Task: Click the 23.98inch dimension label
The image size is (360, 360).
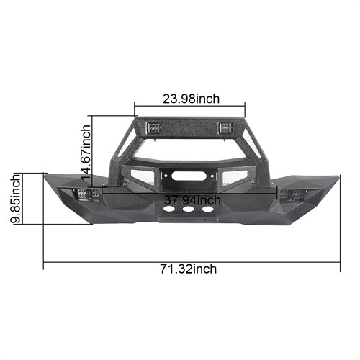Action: [191, 99]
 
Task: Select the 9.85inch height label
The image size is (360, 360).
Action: [16, 199]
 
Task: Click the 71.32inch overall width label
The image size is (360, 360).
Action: [189, 269]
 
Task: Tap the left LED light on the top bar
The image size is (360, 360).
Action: [153, 127]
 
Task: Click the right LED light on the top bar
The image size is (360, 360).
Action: [225, 127]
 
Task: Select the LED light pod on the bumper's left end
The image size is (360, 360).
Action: [88, 194]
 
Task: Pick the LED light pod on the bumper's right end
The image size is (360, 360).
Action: [292, 194]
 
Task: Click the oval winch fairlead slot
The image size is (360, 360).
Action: [187, 176]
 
